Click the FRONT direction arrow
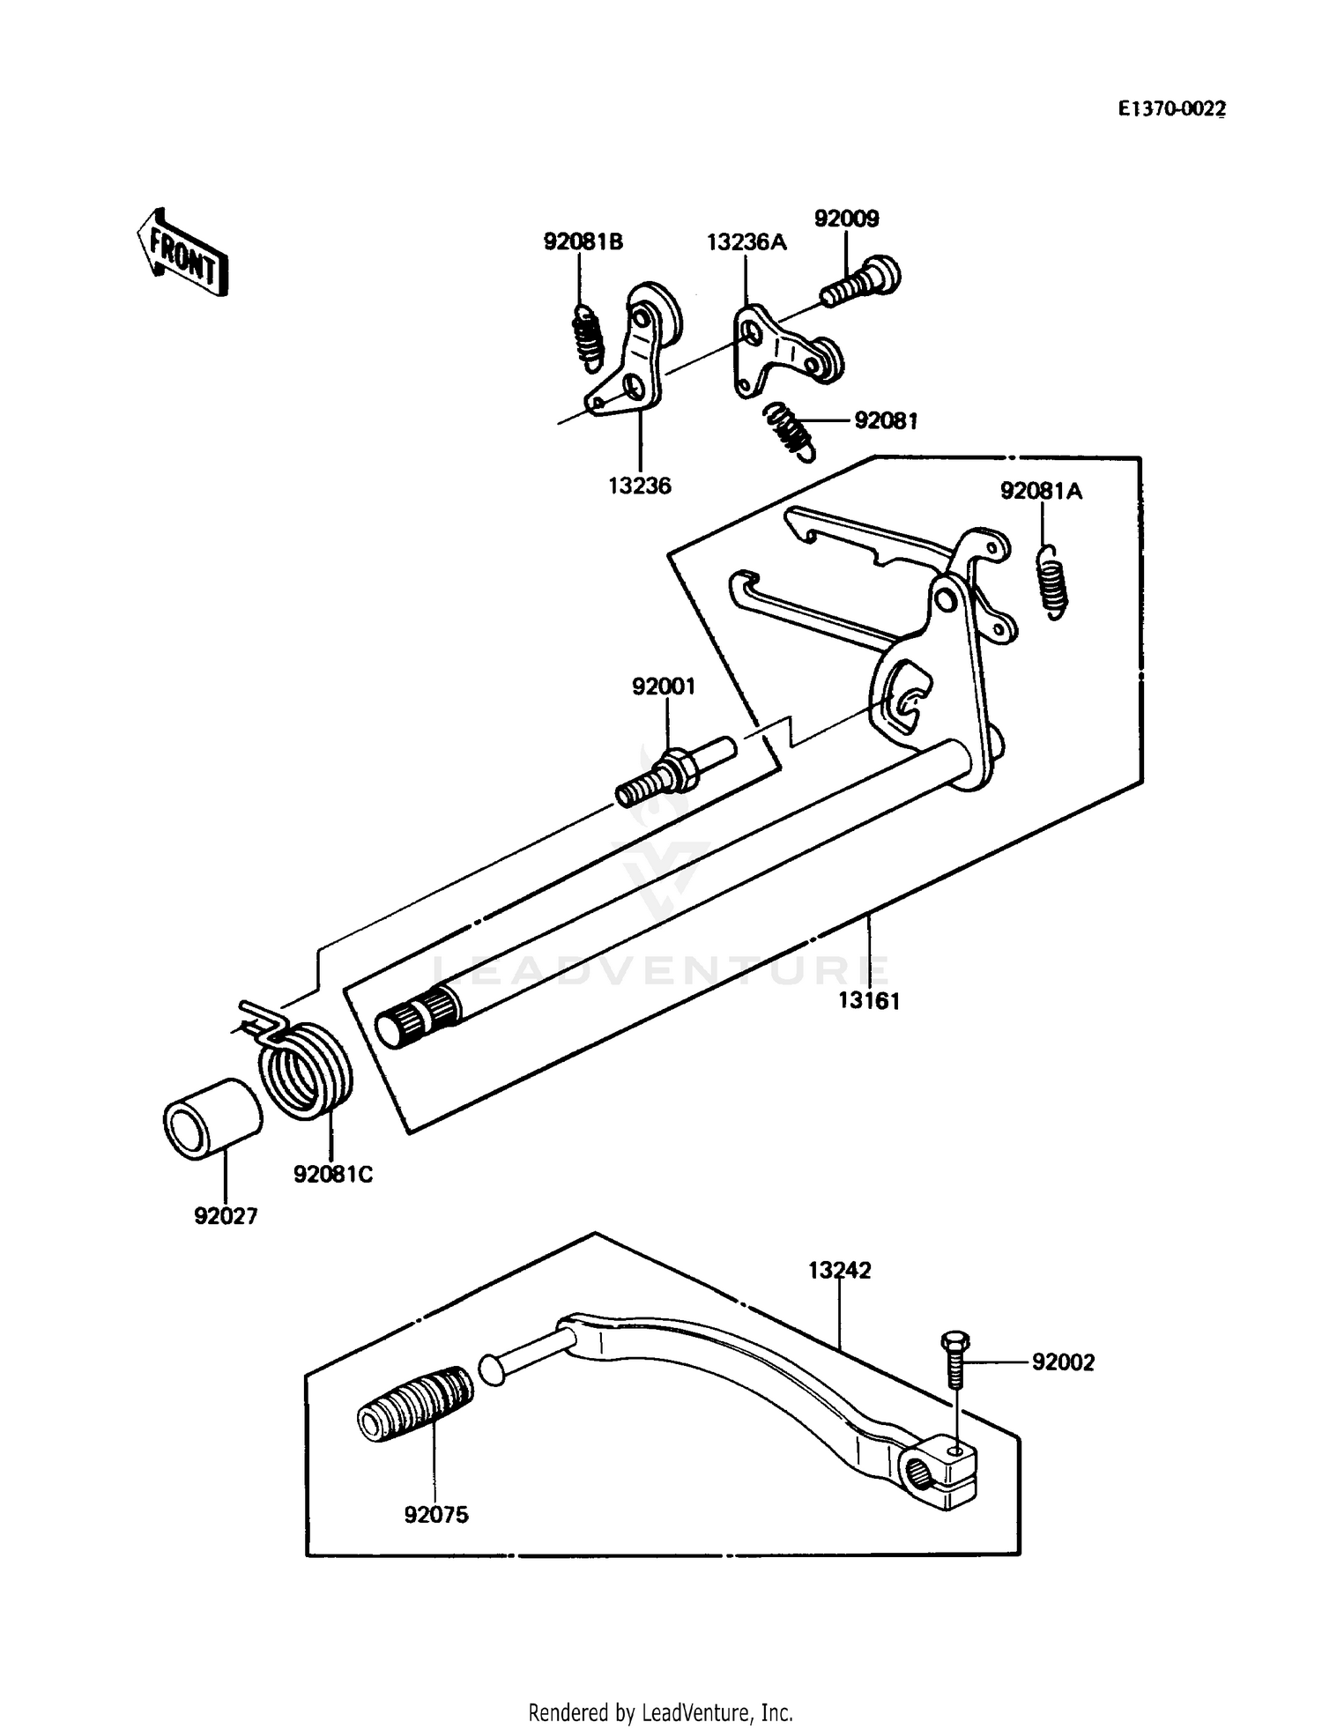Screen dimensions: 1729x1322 (x=183, y=252)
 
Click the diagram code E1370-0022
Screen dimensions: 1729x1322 (x=1172, y=109)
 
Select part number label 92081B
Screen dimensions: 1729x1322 (x=583, y=241)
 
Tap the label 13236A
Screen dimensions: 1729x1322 (x=746, y=242)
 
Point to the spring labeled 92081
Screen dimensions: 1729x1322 (x=789, y=431)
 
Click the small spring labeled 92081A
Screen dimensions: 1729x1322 (x=1052, y=583)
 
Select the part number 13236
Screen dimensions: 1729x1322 (x=639, y=486)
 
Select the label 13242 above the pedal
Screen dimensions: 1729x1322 (x=839, y=1270)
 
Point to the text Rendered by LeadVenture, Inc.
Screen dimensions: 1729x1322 (x=660, y=1713)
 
